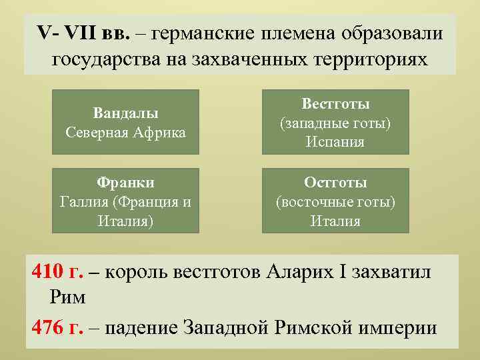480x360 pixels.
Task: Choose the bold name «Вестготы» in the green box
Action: (x=335, y=104)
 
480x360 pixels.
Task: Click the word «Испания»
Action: (x=335, y=141)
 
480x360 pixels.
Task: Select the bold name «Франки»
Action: (x=125, y=183)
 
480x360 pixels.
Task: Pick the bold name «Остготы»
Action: (x=335, y=183)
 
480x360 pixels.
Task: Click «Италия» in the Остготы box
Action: (x=335, y=220)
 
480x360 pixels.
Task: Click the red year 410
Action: (x=47, y=273)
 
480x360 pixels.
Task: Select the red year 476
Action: (x=47, y=327)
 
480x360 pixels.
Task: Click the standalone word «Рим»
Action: (x=67, y=297)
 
